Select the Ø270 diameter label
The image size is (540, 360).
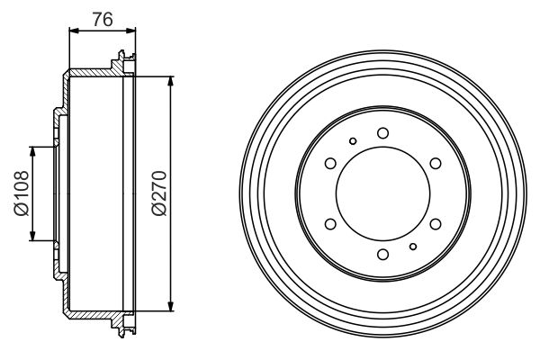[x=158, y=193]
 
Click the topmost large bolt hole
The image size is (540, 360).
[x=382, y=133]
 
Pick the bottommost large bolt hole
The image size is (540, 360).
[x=382, y=255]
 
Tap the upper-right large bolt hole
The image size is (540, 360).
[x=436, y=163]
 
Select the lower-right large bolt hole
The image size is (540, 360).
[x=436, y=224]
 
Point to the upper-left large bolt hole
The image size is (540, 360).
[x=329, y=163]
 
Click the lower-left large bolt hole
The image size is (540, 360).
[x=329, y=224]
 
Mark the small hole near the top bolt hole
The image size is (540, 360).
[x=353, y=140]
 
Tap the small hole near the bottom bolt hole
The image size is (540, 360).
[x=412, y=247]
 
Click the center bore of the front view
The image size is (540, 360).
[x=382, y=193]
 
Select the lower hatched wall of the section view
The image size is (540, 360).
[x=90, y=314]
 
